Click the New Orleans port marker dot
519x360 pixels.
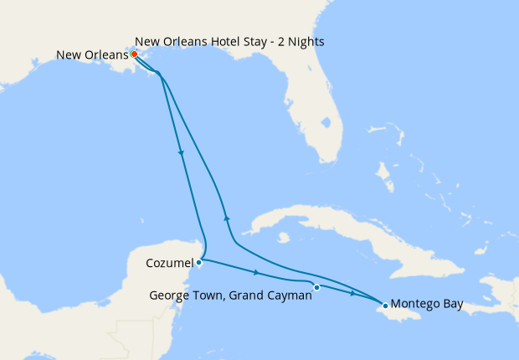pos(134,54)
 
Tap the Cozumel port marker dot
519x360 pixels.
pos(198,262)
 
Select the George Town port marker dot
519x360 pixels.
pos(316,287)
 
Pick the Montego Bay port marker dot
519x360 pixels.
pos(384,306)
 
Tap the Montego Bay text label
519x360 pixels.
pos(427,304)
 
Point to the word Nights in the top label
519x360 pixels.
pos(304,40)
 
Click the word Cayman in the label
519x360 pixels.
pos(285,295)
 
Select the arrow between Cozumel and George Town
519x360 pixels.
pos(256,273)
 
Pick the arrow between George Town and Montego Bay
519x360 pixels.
pos(353,294)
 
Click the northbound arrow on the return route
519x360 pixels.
pos(226,217)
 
